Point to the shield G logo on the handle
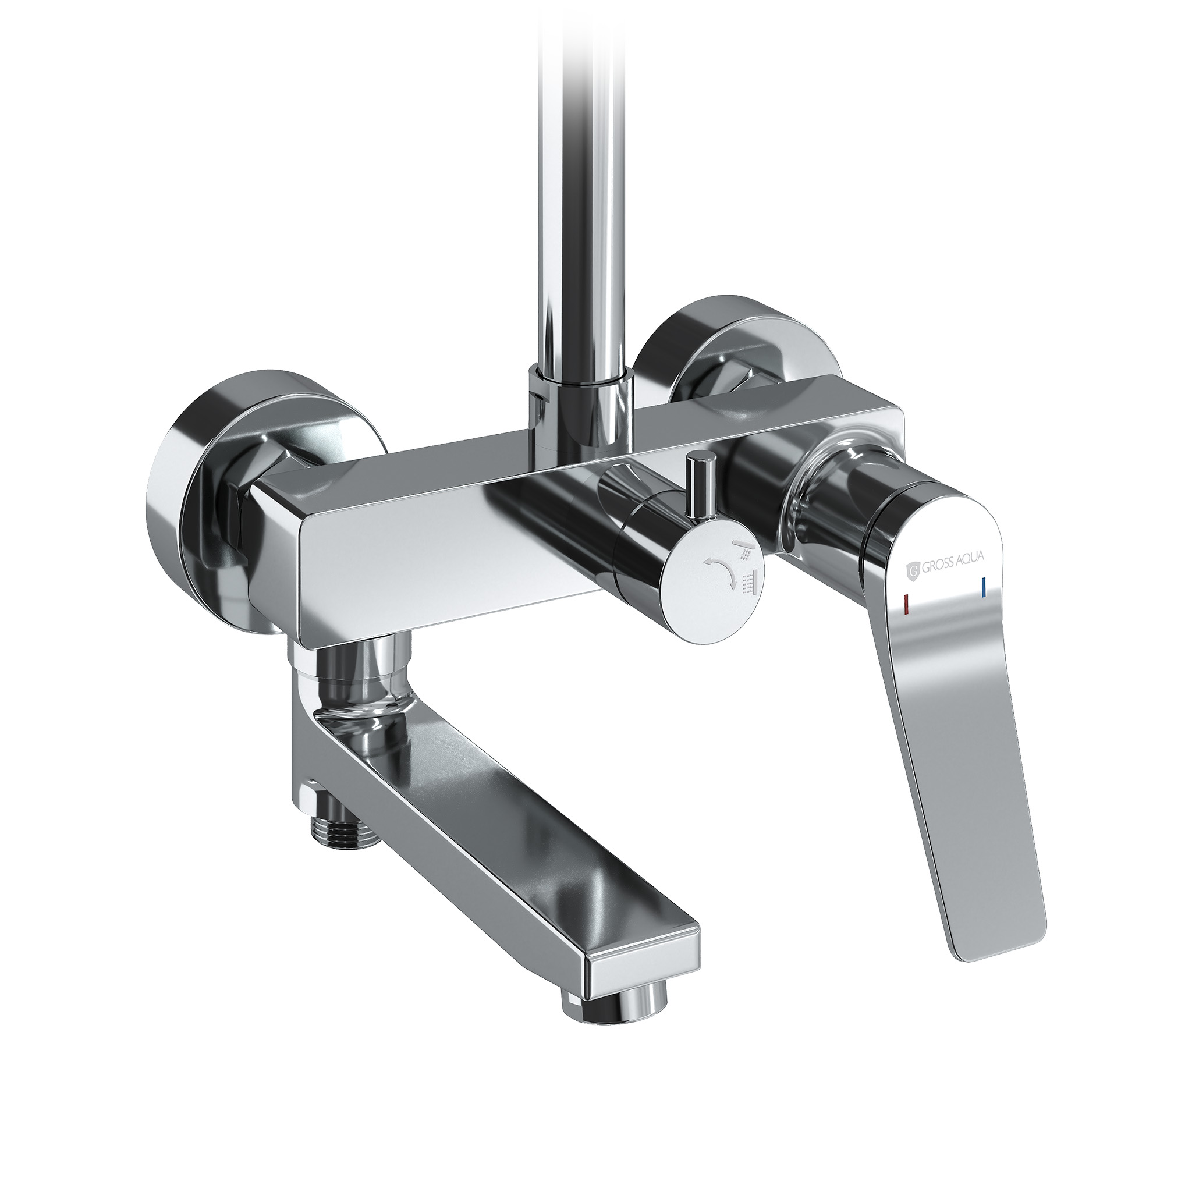point(913,570)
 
